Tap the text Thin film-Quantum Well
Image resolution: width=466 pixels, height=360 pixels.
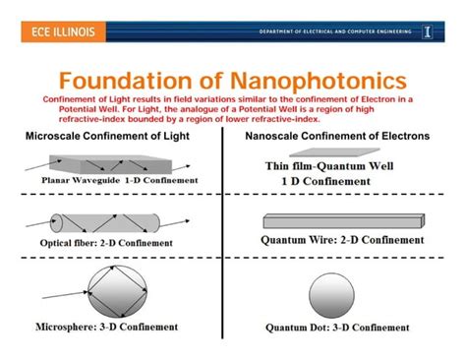[329, 166]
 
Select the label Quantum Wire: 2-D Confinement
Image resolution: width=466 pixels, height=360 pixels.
[342, 239]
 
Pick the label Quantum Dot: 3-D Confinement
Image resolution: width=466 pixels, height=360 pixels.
[338, 327]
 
